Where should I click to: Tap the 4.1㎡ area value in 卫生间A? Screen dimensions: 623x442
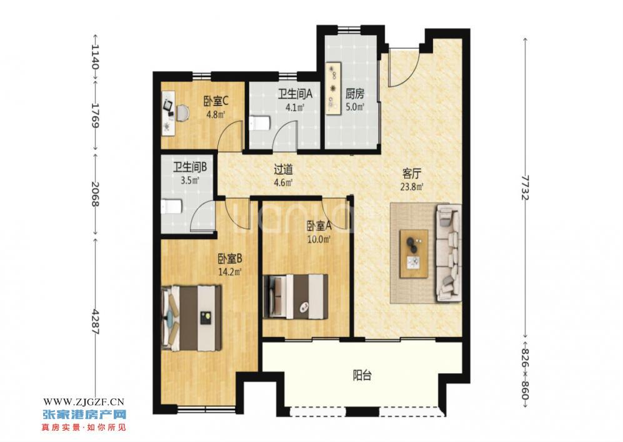click(295, 107)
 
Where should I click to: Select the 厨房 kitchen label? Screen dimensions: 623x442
click(354, 94)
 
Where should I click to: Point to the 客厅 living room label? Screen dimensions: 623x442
click(412, 173)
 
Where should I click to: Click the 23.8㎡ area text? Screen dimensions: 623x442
click(412, 186)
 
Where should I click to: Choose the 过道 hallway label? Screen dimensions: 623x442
click(284, 170)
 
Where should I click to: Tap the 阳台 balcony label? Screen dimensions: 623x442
click(362, 375)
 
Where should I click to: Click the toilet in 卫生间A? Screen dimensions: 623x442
click(260, 123)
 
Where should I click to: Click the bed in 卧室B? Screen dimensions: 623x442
click(192, 318)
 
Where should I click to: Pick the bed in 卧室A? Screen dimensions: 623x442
click(295, 297)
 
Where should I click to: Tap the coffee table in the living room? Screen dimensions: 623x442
click(414, 253)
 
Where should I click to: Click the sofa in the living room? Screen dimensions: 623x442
click(449, 253)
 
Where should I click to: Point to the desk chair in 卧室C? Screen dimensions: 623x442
click(182, 112)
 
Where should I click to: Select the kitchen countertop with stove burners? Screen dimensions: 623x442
click(334, 89)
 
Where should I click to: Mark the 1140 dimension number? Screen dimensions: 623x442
click(95, 56)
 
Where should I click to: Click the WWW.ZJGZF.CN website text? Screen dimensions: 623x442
click(84, 402)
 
